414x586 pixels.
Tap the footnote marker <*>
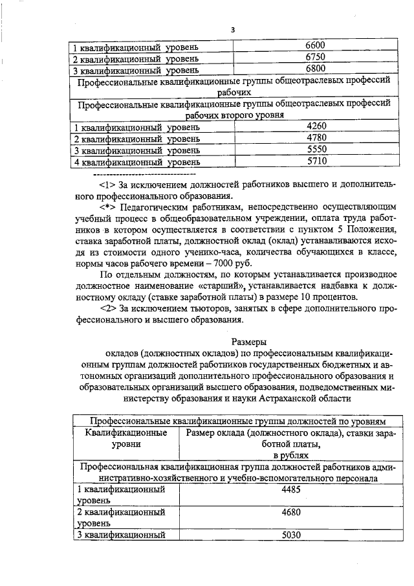click(109, 208)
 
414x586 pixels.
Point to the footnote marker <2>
click(109, 309)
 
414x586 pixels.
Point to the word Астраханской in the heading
click(287, 400)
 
